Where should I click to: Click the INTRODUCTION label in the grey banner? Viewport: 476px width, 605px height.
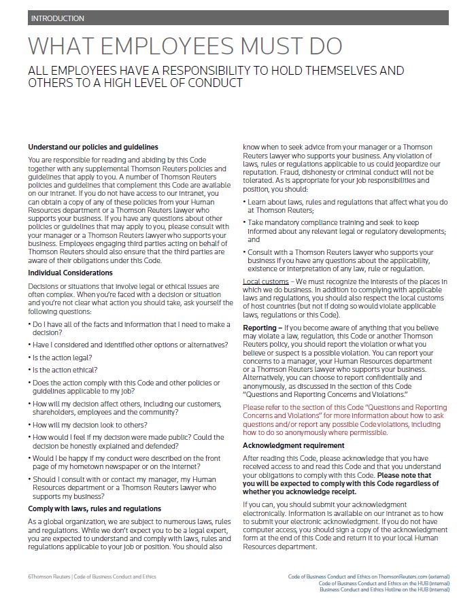pyautogui.click(x=58, y=18)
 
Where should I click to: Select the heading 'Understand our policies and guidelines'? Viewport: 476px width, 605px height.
pyautogui.click(x=93, y=147)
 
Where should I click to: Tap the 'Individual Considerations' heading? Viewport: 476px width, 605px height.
pyautogui.click(x=70, y=273)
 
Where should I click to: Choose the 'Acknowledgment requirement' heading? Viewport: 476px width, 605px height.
pyautogui.click(x=294, y=445)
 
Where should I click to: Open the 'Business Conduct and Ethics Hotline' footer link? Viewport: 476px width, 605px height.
pyautogui.click(x=384, y=589)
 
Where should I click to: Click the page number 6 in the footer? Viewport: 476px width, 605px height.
pyautogui.click(x=29, y=576)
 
